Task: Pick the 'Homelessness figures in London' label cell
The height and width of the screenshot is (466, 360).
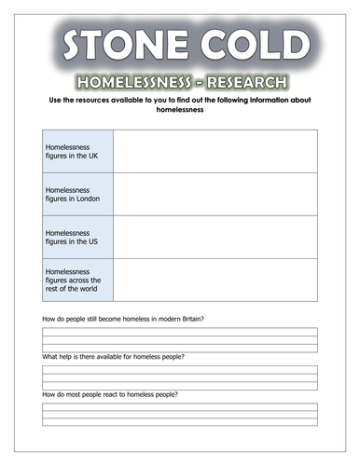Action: point(78,194)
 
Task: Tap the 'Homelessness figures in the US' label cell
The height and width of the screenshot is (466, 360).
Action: point(78,237)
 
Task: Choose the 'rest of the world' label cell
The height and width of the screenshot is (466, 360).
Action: point(78,280)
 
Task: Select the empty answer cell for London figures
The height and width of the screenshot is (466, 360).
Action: point(215,194)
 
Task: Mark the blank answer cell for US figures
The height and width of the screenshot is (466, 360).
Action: point(215,237)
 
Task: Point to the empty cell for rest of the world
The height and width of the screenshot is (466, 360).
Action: point(215,280)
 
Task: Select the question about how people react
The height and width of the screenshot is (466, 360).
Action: point(110,395)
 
